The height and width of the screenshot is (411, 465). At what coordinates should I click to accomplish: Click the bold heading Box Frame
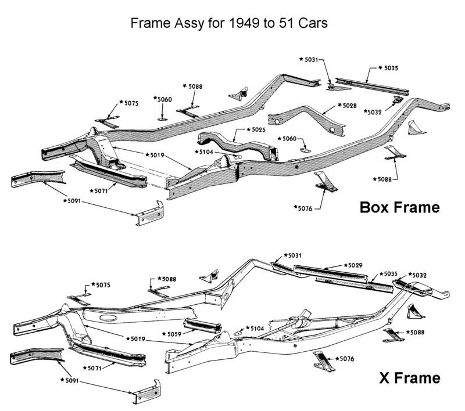click(400, 207)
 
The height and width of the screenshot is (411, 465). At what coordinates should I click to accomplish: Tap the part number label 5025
click(255, 130)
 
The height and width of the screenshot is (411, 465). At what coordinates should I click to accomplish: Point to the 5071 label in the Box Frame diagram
click(101, 190)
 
